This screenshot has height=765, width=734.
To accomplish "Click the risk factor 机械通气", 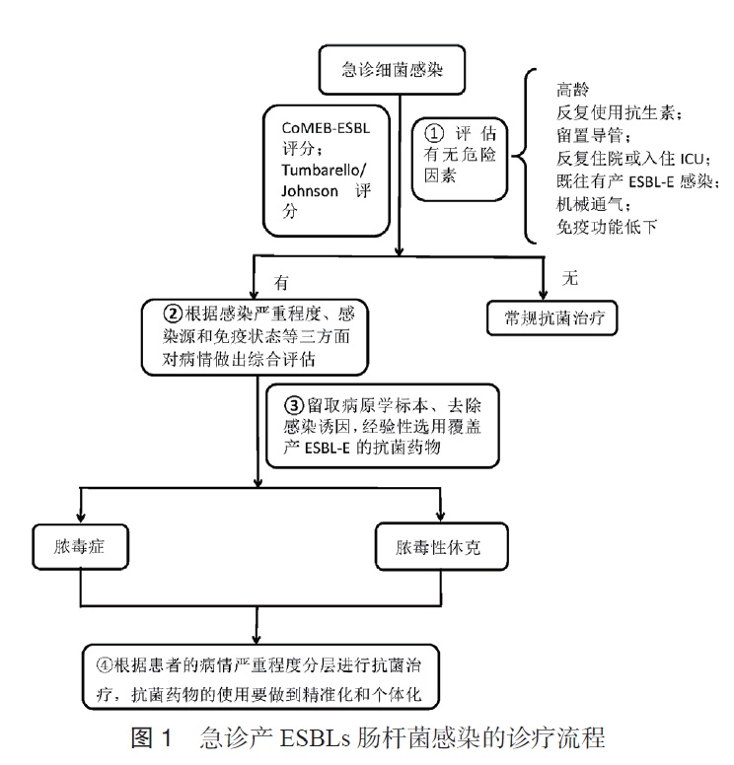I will pyautogui.click(x=589, y=205).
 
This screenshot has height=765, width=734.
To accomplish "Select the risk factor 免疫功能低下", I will pyautogui.click(x=606, y=228).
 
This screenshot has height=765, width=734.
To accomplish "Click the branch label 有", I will pyautogui.click(x=281, y=281).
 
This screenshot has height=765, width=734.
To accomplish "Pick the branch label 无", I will pyautogui.click(x=568, y=279).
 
